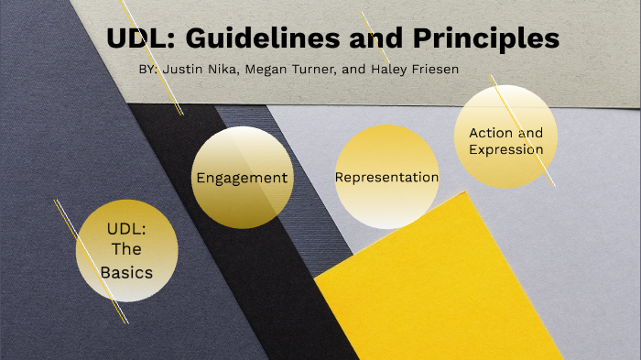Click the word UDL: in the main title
tap(138, 38)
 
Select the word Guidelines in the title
tap(252, 38)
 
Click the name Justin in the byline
tap(181, 70)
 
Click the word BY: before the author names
tap(147, 70)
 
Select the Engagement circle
tap(242, 178)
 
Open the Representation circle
tap(386, 178)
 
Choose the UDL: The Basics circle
tap(126, 250)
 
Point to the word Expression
tap(505, 149)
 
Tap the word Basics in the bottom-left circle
tap(126, 272)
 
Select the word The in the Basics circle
tap(126, 250)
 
